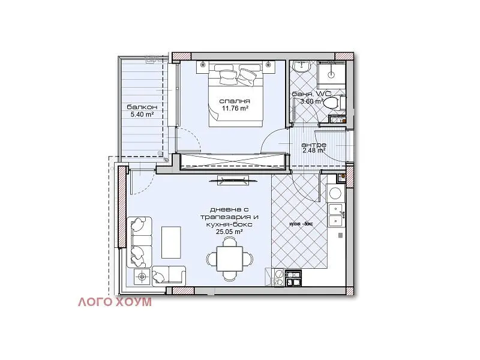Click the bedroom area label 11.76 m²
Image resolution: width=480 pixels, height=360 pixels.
235,108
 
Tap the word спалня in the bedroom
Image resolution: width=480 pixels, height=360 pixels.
235,101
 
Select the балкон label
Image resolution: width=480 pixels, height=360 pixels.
142,107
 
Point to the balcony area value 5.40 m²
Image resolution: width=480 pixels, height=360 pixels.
142,115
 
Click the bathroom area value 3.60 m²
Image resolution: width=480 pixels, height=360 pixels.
311,101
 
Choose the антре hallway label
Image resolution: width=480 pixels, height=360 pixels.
314,145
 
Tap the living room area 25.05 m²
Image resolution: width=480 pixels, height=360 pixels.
229,232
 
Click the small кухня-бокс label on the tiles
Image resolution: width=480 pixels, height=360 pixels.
301,223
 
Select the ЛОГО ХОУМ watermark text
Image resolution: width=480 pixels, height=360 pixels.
115,302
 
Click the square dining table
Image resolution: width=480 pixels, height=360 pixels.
230,259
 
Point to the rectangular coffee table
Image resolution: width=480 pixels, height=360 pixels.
171,242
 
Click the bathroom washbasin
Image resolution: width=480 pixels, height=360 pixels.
301,67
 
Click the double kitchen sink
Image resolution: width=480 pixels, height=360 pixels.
336,215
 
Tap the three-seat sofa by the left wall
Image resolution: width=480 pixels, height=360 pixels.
140,242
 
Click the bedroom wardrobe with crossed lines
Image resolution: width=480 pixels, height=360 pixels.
233,161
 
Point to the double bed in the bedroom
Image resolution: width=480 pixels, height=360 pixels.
235,94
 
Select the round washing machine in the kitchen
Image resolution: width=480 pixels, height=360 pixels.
335,193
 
